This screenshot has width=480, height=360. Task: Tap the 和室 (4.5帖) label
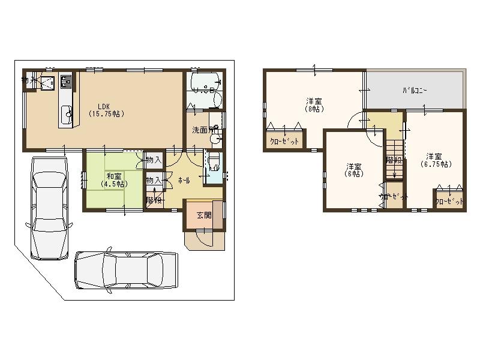pyautogui.click(x=115, y=180)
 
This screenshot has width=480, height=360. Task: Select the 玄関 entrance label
pyautogui.click(x=204, y=215)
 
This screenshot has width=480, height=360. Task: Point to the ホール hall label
pyautogui.click(x=184, y=179)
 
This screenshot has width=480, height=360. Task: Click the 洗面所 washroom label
pyautogui.click(x=203, y=130)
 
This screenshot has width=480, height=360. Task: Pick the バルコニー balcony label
pyautogui.click(x=415, y=91)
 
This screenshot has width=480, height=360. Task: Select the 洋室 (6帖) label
pyautogui.click(x=353, y=170)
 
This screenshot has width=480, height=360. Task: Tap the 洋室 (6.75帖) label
pyautogui.click(x=436, y=160)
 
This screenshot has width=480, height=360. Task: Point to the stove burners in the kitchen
pyautogui.click(x=65, y=80)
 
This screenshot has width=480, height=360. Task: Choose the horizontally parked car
pyautogui.click(x=127, y=272)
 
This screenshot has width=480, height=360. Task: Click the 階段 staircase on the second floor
pyautogui.click(x=394, y=160)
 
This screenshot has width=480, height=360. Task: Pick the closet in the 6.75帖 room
pyautogui.click(x=449, y=201)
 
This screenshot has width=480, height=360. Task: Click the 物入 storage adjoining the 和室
pyautogui.click(x=154, y=160)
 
